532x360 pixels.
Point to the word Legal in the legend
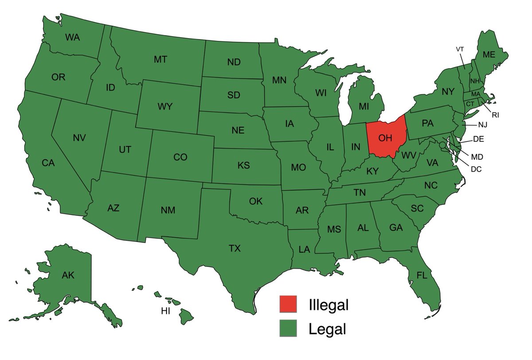coord(327,329)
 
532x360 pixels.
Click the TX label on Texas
coord(235,249)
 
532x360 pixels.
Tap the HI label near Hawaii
coord(165,311)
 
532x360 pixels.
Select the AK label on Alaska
coord(68,276)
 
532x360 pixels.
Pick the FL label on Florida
coord(422,275)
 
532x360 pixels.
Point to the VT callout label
coord(460,49)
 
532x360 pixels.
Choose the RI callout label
coord(495,115)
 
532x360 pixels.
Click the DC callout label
coord(476,169)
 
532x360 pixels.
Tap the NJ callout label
coord(482,125)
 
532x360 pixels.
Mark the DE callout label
coord(478,139)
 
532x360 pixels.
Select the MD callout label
coord(477,157)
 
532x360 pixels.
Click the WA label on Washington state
coord(72,38)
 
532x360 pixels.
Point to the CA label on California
coord(48,163)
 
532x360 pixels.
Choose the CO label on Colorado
coord(180,157)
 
